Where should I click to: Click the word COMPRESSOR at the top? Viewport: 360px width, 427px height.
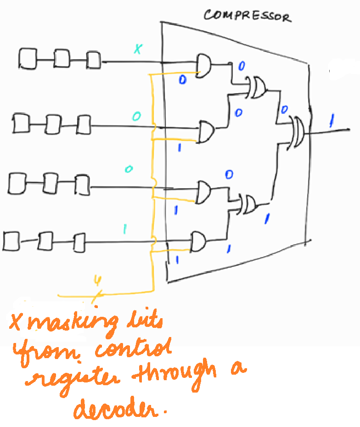coord(247,16)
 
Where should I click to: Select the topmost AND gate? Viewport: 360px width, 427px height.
coord(203,65)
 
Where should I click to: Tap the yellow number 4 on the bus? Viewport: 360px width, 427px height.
coord(97,280)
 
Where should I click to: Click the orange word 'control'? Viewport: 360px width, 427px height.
coord(133,351)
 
